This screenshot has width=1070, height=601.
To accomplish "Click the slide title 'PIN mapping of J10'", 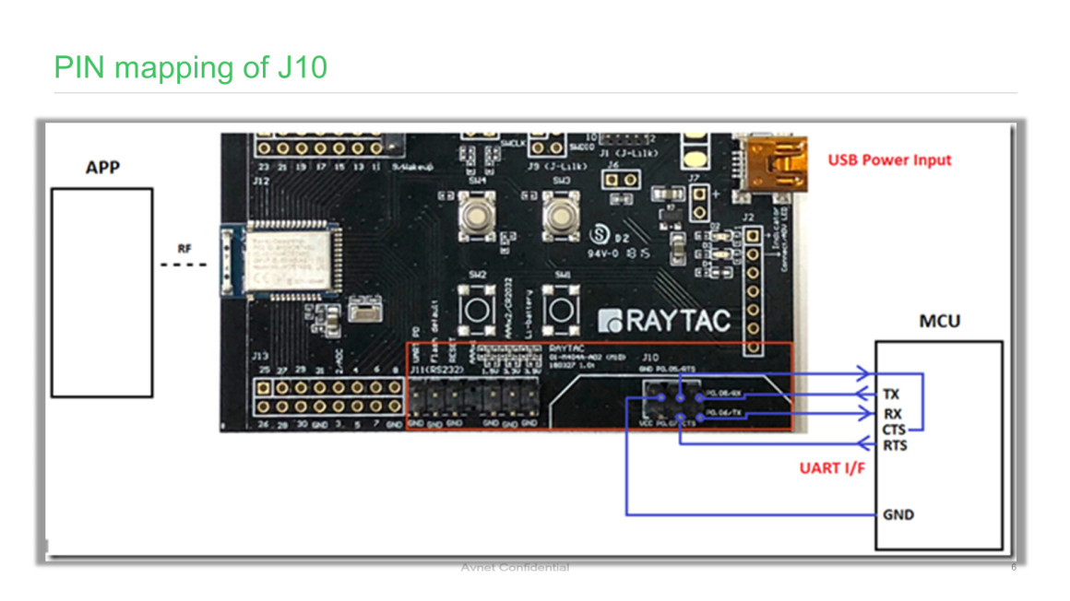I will (191, 67).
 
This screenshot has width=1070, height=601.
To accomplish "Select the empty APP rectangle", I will (101, 292).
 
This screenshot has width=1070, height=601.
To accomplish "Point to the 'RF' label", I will (185, 248).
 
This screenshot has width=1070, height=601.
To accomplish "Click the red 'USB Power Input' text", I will (889, 159).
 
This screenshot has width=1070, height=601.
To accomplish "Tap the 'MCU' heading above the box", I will (939, 321).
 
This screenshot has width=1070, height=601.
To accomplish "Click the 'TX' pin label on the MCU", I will (891, 394).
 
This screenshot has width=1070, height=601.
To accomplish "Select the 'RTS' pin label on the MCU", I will (895, 446).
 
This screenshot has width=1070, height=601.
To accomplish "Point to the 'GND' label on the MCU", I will (898, 514).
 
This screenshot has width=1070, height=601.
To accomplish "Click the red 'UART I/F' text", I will (832, 468).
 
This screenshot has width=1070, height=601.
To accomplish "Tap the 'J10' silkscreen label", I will (650, 356).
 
